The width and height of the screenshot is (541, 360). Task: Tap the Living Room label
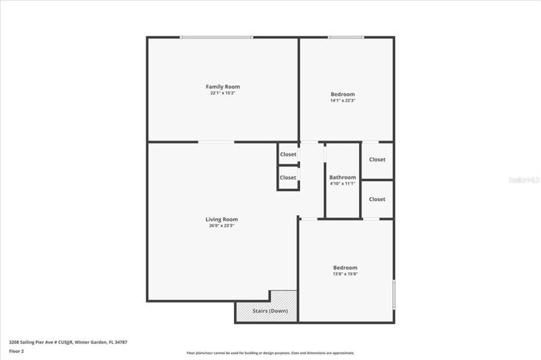(x=222, y=220)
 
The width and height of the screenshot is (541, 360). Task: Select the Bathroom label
(x=342, y=177)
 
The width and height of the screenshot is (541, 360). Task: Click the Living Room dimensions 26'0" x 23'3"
(x=222, y=226)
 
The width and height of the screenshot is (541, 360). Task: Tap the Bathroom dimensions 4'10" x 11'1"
(x=342, y=183)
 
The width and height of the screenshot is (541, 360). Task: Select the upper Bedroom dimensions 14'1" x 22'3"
(x=342, y=101)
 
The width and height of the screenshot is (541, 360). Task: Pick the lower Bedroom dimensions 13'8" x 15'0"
(x=345, y=274)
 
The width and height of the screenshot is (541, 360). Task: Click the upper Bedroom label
(x=342, y=94)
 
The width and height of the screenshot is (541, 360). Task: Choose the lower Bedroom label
(x=345, y=267)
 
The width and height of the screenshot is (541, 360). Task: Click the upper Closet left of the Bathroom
(x=288, y=154)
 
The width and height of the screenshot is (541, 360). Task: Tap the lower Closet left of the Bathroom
(x=288, y=177)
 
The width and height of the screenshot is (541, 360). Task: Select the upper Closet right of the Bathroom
(x=377, y=160)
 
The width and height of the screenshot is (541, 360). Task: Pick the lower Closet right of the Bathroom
(x=377, y=199)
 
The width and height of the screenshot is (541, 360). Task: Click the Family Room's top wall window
(x=216, y=37)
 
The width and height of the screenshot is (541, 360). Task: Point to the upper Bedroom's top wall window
(x=345, y=37)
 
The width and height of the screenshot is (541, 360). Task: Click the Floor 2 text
(x=16, y=351)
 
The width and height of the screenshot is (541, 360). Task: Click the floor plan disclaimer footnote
(x=270, y=353)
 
